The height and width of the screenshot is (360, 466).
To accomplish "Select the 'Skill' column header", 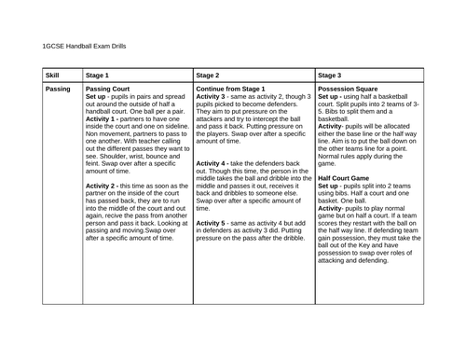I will tap(53, 73).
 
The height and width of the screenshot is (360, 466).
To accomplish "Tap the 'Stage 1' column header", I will tap(97, 73).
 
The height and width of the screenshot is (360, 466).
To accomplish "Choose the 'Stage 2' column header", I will tap(212, 73).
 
